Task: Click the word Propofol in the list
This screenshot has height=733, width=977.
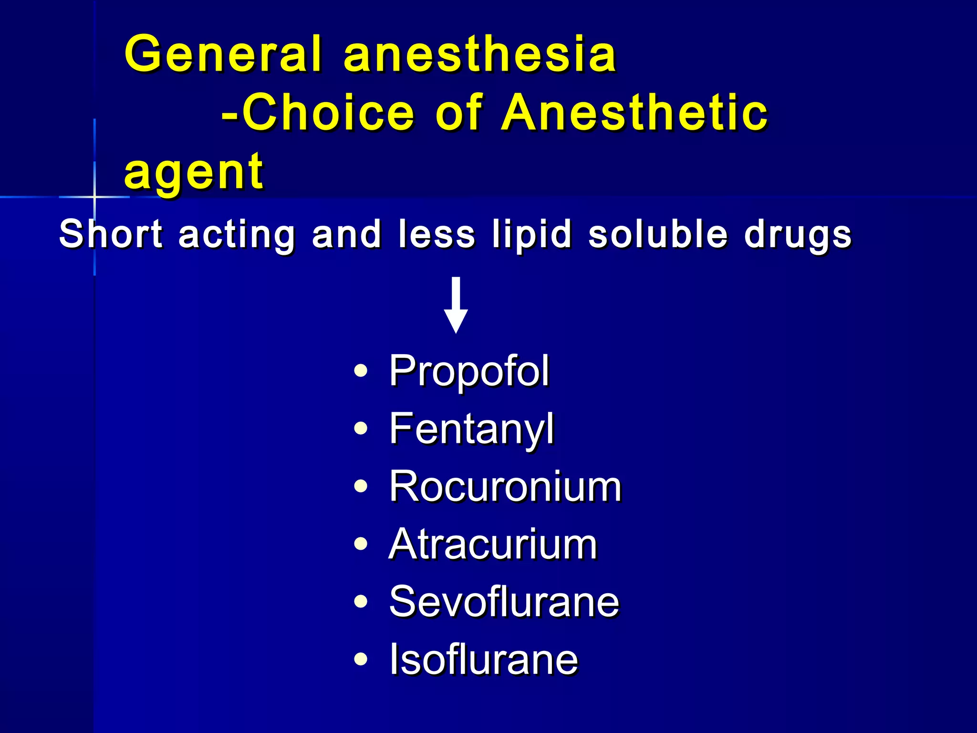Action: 469,371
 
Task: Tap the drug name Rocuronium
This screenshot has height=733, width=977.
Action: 505,487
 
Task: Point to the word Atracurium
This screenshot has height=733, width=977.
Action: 492,545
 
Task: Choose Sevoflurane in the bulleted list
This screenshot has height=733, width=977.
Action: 504,602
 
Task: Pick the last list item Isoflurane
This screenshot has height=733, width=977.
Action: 483,660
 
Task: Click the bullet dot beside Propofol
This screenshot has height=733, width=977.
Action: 361,371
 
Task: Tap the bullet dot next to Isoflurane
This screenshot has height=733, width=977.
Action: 361,660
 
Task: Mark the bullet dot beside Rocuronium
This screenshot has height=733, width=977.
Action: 361,486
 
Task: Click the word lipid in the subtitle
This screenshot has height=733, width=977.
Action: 532,234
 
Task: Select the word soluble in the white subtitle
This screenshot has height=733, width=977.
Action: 658,234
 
